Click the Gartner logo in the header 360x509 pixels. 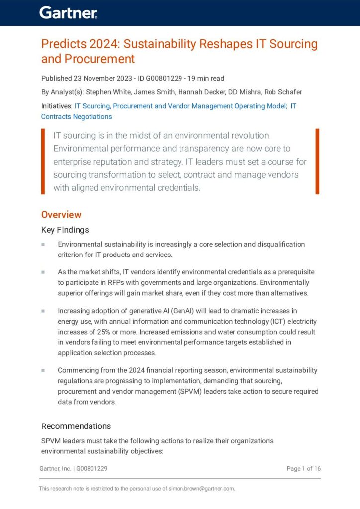click(69, 13)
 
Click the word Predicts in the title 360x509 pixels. click(63, 44)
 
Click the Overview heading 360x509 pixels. click(61, 215)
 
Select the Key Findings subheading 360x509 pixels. click(65, 230)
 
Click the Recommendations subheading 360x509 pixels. click(76, 426)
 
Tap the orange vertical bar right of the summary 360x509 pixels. click(317, 161)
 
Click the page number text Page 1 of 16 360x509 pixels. click(303, 468)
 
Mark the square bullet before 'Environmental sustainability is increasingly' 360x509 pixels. click(43, 245)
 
